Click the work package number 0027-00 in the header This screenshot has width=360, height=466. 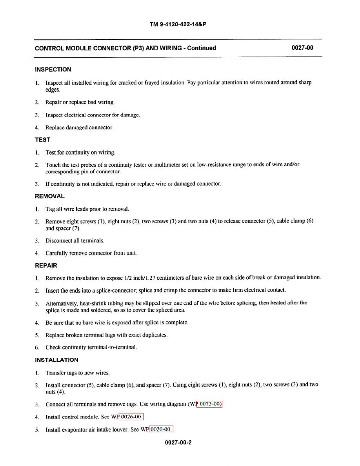coord(302,48)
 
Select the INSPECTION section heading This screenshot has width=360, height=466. coord(53,70)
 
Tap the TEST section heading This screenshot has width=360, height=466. coord(42,140)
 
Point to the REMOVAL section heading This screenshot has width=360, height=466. coord(50,196)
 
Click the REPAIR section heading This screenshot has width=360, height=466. coord(46,266)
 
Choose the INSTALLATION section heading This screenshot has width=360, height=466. coord(56,360)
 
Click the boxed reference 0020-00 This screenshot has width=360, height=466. coord(161,430)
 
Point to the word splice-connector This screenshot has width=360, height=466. coord(100,291)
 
